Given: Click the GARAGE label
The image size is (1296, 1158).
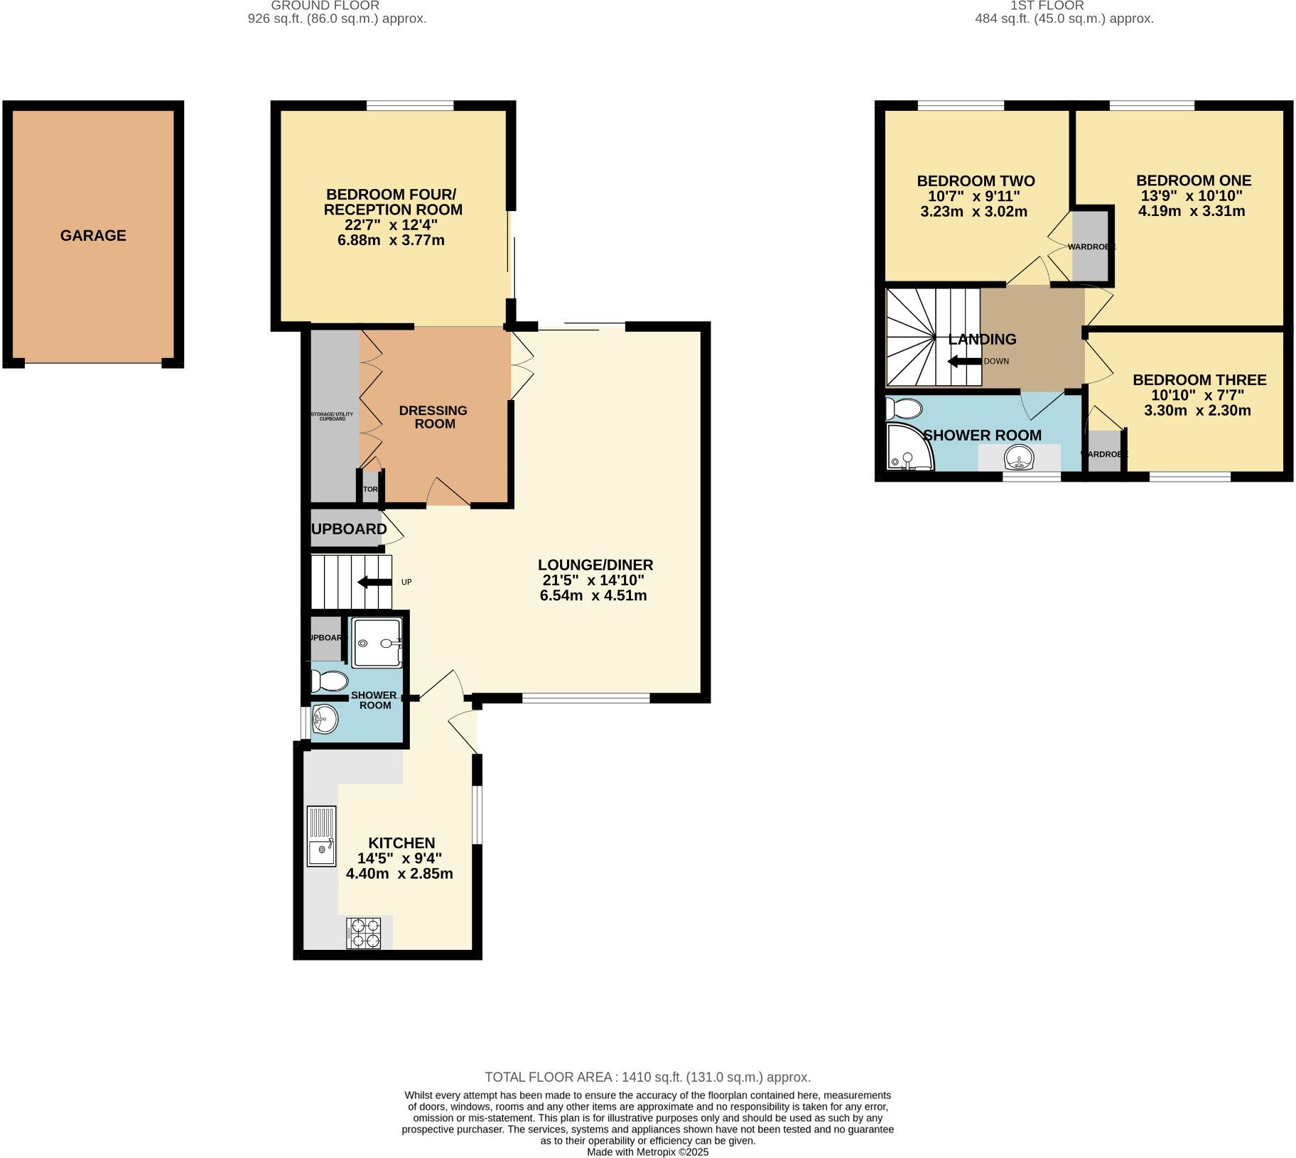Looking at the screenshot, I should tap(93, 236).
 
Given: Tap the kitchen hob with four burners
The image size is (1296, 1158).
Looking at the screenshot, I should tap(363, 933).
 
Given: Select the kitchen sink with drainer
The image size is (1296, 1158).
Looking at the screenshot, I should tap(321, 835).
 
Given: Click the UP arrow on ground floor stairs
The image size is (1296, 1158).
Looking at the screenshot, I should tap(374, 583).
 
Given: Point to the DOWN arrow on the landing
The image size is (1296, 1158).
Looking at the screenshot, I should tap(964, 362).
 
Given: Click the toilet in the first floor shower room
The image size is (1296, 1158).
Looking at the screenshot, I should tap(904, 408).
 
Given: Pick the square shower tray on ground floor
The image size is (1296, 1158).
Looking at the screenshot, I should tap(378, 643).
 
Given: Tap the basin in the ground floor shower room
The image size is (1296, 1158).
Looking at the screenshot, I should tap(325, 720).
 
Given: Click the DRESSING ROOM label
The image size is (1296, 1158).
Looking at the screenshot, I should tap(433, 417).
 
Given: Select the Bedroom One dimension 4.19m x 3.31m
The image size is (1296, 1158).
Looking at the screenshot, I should tap(1192, 211).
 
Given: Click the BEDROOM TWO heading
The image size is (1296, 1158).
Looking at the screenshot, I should tap(976, 181).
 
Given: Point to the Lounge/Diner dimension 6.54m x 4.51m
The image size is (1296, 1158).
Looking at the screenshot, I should tap(593, 595).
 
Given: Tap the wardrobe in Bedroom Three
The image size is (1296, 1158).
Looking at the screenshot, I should tap(1104, 452).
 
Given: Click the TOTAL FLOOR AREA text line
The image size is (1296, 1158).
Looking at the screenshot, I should tap(647, 1077).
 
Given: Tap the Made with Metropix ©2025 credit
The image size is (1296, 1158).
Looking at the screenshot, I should tap(647, 1152).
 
